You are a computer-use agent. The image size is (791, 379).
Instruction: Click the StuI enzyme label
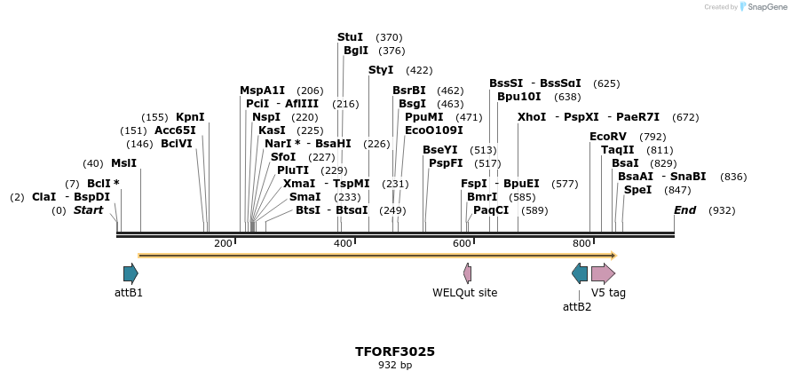click(x=350, y=37)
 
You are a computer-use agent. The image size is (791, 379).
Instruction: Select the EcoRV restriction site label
click(x=608, y=137)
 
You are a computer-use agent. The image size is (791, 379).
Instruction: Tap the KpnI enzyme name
click(x=190, y=117)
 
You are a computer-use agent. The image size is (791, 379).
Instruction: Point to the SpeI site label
click(x=637, y=190)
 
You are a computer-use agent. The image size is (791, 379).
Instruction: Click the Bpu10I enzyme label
click(x=518, y=97)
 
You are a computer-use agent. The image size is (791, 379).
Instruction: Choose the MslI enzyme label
click(x=123, y=163)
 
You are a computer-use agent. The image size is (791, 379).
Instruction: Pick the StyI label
click(x=380, y=70)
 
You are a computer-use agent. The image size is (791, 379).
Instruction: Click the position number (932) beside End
click(x=722, y=210)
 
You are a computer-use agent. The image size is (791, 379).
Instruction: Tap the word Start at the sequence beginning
click(x=88, y=210)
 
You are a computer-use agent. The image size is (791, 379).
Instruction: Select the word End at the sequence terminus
click(x=684, y=210)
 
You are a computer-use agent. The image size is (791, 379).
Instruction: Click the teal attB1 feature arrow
click(x=131, y=273)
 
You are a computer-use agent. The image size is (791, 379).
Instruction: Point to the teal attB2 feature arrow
click(x=580, y=273)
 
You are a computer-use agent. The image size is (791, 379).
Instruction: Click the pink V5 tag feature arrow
click(x=603, y=273)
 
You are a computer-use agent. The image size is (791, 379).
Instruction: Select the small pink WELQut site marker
click(x=467, y=273)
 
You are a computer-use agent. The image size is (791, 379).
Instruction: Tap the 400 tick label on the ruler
click(x=343, y=243)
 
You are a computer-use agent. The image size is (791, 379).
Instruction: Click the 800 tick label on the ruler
click(x=581, y=243)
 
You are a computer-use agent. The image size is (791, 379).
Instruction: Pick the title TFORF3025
click(x=395, y=351)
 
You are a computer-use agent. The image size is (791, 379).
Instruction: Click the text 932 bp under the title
click(x=395, y=365)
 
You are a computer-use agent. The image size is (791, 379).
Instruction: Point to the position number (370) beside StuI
click(x=389, y=37)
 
